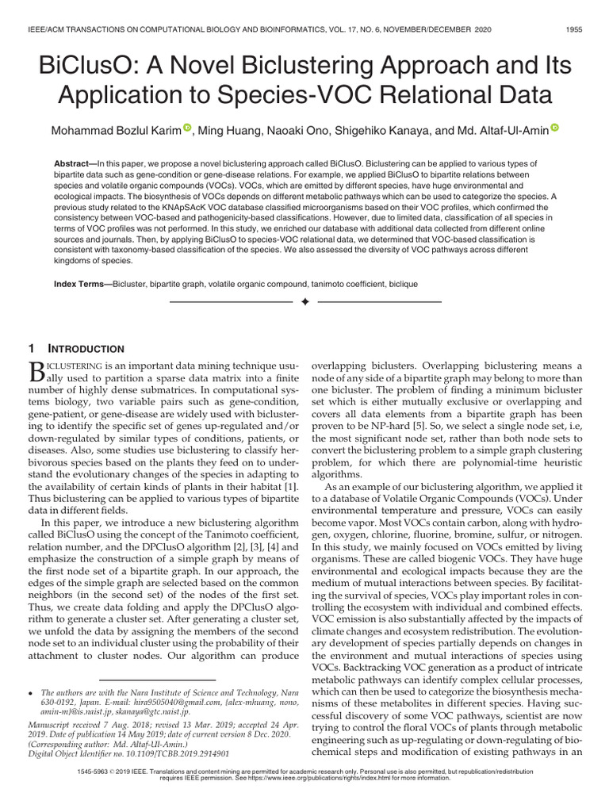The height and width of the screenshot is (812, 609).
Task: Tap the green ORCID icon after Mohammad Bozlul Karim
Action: (187, 128)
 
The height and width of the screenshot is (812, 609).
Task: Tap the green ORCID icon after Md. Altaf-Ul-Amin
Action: (554, 128)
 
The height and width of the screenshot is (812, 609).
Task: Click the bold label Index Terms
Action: (82, 283)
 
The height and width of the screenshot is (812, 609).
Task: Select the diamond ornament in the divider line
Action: (304, 303)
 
